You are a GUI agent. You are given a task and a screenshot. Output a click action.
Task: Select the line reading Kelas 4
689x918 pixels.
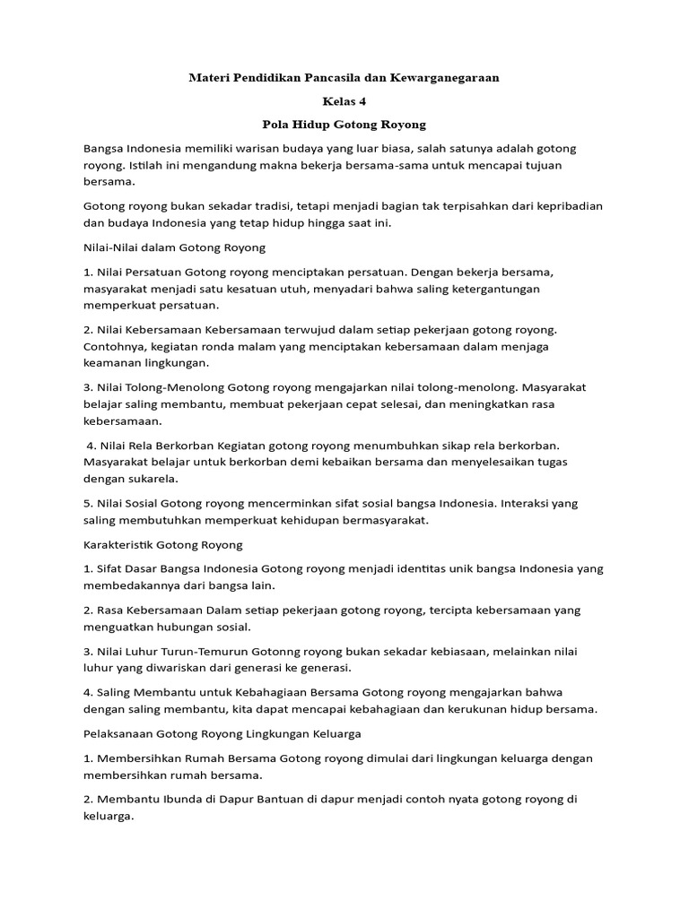(344, 101)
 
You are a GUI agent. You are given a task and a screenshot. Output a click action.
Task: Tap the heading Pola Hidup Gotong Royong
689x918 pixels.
(344, 125)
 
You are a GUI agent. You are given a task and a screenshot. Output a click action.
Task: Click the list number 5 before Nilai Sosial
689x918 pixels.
(87, 502)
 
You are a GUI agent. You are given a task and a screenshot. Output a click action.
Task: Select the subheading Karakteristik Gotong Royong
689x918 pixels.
(162, 544)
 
